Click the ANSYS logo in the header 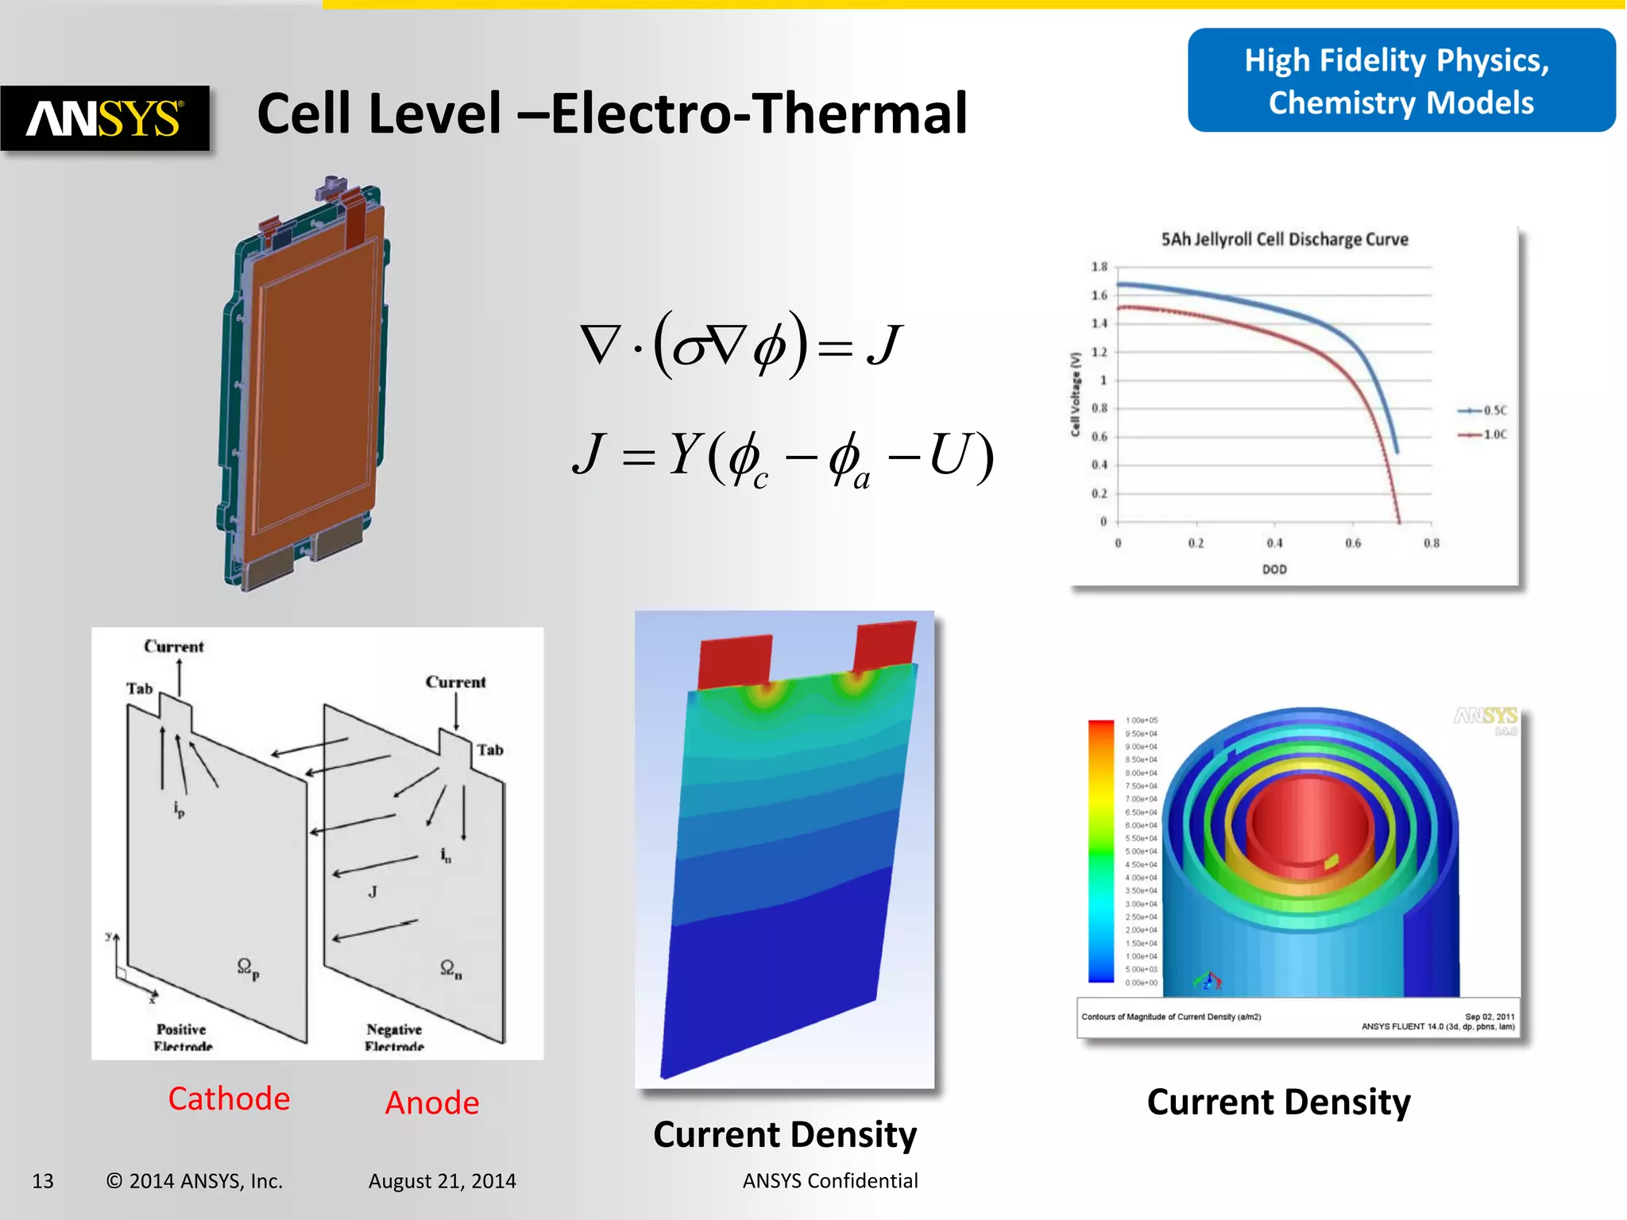(105, 118)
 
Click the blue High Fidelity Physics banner (1401, 81)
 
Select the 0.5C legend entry (1482, 411)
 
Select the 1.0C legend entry (1482, 434)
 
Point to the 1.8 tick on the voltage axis (1099, 267)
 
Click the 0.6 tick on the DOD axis (1353, 543)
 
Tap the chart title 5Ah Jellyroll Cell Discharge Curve (1284, 240)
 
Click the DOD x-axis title (1274, 569)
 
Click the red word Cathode (229, 1099)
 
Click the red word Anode (432, 1103)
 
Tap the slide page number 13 (43, 1181)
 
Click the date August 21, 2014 (442, 1181)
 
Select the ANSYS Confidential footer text (830, 1181)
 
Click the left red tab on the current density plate (735, 661)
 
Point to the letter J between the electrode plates (373, 892)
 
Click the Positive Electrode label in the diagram (182, 1037)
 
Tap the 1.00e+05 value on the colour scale (1142, 720)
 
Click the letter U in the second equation (951, 454)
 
